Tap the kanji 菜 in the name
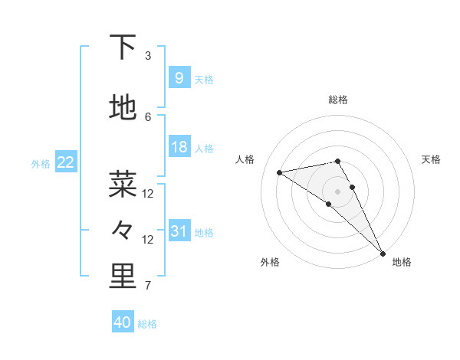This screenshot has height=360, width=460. [x=123, y=185]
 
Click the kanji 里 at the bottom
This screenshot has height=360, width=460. [x=123, y=277]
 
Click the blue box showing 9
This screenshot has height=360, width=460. [x=179, y=77]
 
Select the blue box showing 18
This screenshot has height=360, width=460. [x=179, y=146]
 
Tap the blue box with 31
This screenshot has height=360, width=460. [x=179, y=231]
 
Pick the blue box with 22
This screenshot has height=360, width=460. [x=65, y=162]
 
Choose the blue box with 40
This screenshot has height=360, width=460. [x=123, y=322]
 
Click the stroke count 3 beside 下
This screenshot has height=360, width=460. [x=148, y=56]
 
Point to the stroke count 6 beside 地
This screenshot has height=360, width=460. [x=148, y=116]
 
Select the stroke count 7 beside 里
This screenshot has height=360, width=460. [x=148, y=286]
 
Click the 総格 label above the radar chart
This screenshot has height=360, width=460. [x=338, y=100]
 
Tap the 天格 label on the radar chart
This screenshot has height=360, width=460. [x=431, y=159]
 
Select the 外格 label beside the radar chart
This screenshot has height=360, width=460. [x=269, y=262]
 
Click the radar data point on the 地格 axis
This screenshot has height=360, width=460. [x=382, y=252]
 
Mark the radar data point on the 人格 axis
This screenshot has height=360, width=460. [x=280, y=172]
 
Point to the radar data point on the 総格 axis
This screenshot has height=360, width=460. [x=338, y=161]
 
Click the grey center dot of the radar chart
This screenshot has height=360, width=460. [x=338, y=191]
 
